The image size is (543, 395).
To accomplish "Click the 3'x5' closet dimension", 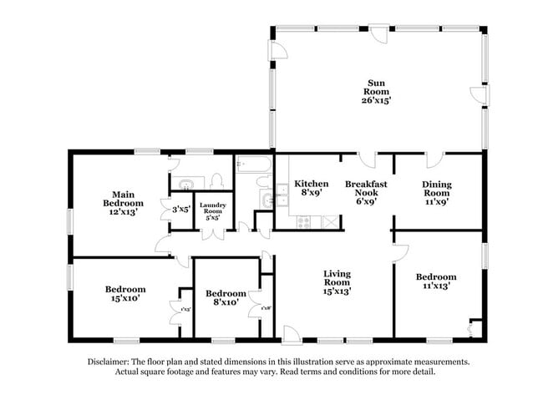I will point(181,209).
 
